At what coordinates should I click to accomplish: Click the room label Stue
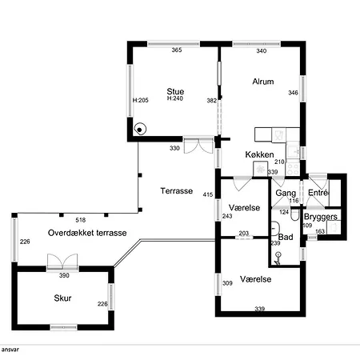(x=175, y=91)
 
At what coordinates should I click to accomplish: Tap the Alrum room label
(x=263, y=82)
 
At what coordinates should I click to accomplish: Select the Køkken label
(x=259, y=154)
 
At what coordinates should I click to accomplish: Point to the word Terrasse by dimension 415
(x=177, y=190)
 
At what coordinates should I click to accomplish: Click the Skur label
(x=62, y=298)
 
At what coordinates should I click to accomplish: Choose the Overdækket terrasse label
(x=87, y=233)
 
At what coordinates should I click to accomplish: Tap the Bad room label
(x=286, y=237)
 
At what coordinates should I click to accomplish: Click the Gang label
(x=286, y=193)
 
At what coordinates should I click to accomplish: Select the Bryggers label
(x=321, y=217)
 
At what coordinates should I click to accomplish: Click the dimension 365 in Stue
(x=177, y=50)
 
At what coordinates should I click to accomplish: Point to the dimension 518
(x=81, y=220)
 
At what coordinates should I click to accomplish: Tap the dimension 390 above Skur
(x=64, y=275)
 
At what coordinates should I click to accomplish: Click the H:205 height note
(x=141, y=100)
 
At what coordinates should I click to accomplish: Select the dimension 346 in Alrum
(x=293, y=93)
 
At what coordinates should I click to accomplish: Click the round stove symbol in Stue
(x=140, y=130)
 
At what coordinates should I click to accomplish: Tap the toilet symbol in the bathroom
(x=295, y=215)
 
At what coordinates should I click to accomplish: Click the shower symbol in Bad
(x=278, y=258)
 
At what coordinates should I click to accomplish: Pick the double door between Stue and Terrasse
(x=198, y=146)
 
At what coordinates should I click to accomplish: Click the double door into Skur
(x=62, y=262)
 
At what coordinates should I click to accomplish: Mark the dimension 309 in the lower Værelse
(x=227, y=283)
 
